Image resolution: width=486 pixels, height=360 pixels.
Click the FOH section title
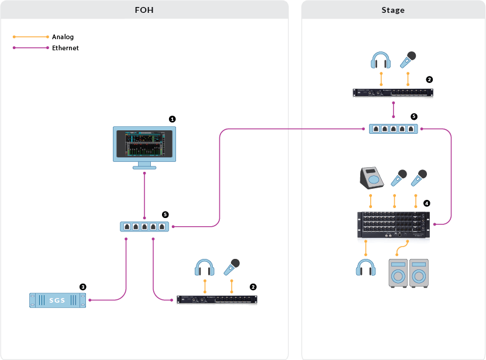[x=144, y=10]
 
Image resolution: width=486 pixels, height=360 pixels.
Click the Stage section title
[x=392, y=10]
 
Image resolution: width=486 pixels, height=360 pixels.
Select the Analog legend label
[x=63, y=37]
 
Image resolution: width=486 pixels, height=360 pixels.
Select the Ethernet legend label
[x=65, y=48]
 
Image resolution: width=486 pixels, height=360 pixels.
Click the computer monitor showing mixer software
[x=144, y=146]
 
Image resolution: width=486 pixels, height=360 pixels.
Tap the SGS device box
[x=57, y=300]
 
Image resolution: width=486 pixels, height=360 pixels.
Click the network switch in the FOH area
[x=144, y=226]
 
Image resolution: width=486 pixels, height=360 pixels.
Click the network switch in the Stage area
[x=393, y=129]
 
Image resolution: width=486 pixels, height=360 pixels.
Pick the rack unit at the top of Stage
[x=393, y=93]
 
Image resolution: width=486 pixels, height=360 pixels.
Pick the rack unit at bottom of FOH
[x=217, y=300]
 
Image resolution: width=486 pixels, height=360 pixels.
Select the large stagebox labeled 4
[x=393, y=226]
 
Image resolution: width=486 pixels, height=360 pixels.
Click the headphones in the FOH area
[x=205, y=268]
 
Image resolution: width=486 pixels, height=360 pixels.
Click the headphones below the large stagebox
[x=366, y=268]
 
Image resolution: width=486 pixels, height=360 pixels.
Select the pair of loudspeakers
[x=408, y=273]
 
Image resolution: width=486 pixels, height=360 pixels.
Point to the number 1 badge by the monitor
[x=172, y=119]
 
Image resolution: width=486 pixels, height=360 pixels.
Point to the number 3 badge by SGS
[x=83, y=287]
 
